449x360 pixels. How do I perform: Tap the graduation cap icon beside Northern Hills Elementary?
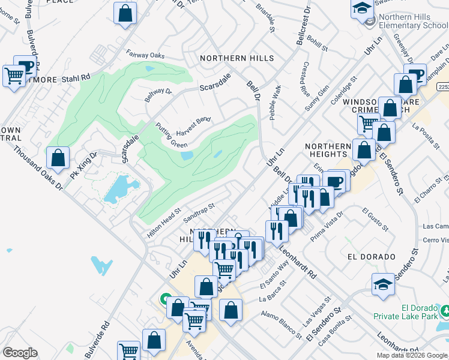(363, 9)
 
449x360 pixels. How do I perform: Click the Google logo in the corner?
(20, 353)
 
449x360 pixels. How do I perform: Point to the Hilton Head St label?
(164, 223)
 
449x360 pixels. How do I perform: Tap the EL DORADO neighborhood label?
(370, 256)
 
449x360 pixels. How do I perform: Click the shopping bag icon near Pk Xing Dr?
(58, 159)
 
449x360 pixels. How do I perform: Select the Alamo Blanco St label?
(280, 322)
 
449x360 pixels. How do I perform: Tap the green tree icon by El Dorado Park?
(445, 311)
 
